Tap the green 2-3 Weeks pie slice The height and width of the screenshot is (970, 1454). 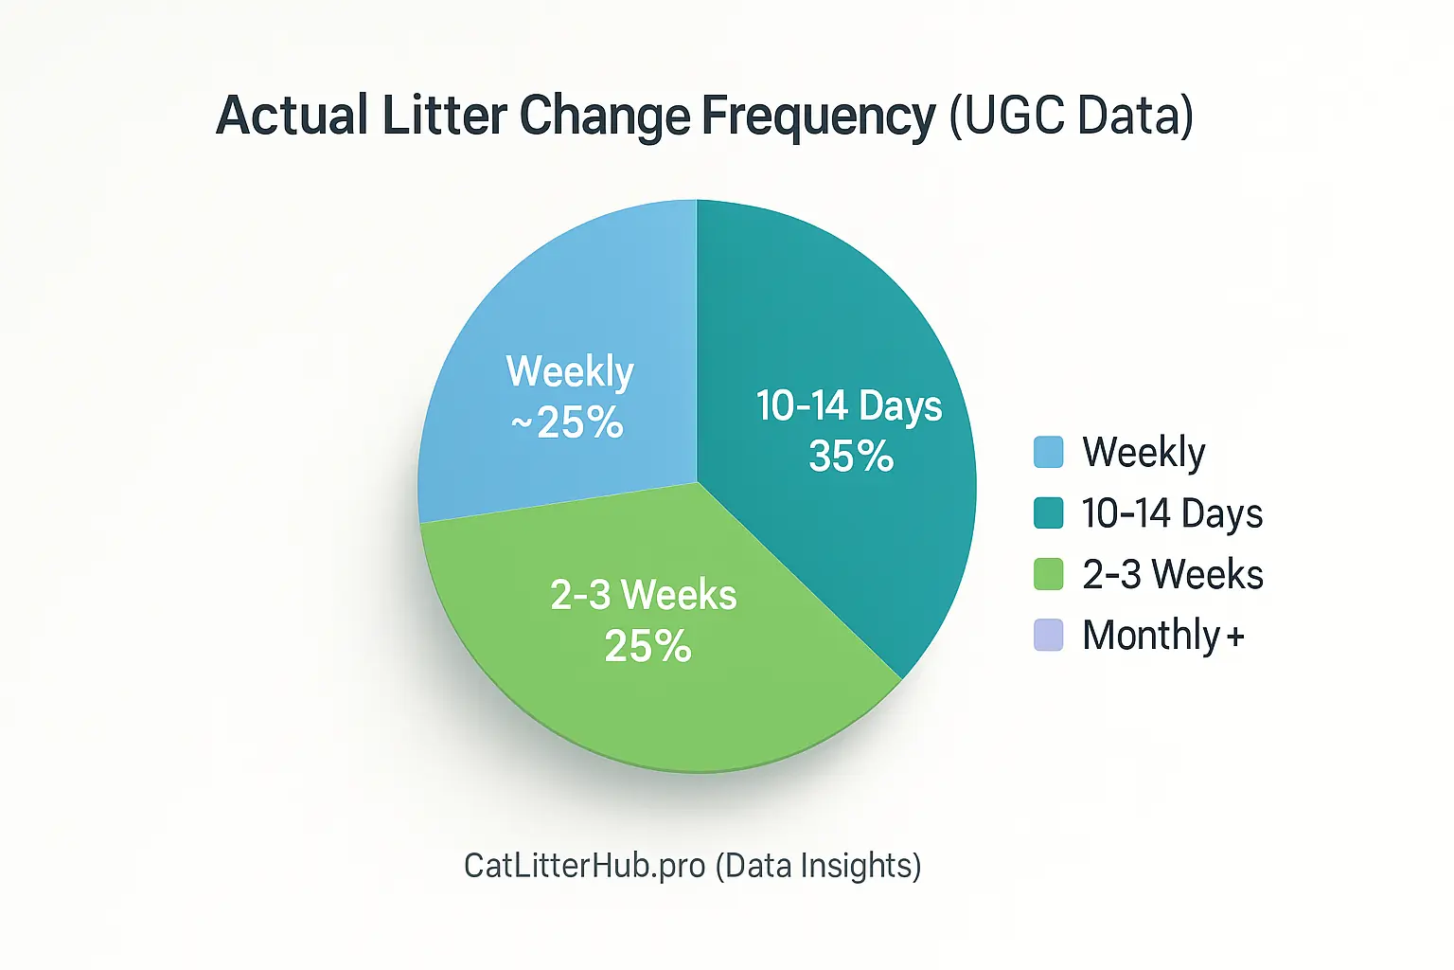[663, 692]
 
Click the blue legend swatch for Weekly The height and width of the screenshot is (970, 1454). [1048, 452]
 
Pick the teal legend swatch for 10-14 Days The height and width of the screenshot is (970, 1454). [1048, 512]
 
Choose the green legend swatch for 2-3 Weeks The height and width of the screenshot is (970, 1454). [1048, 574]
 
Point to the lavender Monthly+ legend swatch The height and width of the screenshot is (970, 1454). [1048, 635]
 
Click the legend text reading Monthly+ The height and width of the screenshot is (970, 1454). [1163, 636]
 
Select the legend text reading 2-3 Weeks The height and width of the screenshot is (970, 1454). [1173, 574]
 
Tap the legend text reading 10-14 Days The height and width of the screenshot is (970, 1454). [1172, 513]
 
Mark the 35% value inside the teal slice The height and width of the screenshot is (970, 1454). [851, 457]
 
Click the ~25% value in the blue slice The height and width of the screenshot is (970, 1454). [568, 422]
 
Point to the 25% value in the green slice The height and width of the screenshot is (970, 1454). [648, 647]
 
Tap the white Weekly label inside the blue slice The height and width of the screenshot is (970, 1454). [570, 371]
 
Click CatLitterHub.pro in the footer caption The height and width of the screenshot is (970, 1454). [584, 865]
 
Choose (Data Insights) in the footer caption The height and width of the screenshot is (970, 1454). [818, 865]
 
